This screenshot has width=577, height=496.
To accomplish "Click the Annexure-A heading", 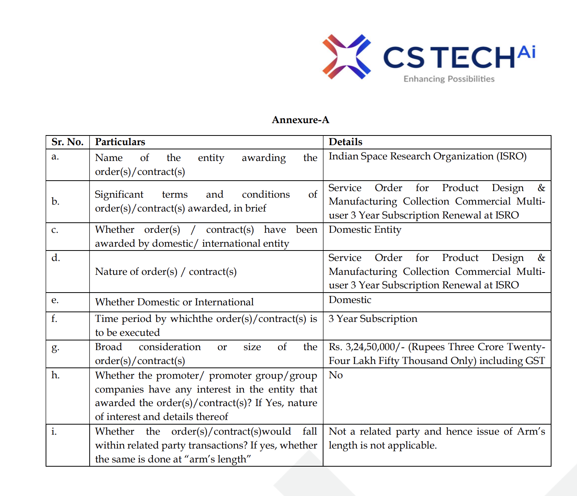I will point(300,120).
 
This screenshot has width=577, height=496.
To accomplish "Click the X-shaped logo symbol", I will point(346,57).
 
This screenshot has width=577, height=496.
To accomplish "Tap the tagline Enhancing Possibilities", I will point(449,79).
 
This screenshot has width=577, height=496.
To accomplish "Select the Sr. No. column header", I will point(67,142).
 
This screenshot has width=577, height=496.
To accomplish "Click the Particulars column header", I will point(120,142).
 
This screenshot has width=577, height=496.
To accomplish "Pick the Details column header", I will point(346,142).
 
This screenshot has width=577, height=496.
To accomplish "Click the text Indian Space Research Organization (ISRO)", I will point(427,156).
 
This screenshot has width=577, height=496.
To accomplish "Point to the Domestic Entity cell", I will point(365,230).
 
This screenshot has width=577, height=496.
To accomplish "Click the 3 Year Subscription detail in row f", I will point(373,319).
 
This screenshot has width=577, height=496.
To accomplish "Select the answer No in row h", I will point(335,375).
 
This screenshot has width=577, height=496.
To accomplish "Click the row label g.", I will point(55,347).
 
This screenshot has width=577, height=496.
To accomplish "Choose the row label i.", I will point(54,432).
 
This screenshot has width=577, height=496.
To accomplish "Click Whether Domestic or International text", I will point(174,302).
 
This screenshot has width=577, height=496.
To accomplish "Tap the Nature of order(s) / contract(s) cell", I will point(165,272).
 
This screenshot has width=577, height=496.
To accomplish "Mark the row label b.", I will point(55,201).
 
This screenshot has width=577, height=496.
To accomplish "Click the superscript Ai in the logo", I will point(526,52).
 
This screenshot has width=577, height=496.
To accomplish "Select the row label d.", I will point(56,258).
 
